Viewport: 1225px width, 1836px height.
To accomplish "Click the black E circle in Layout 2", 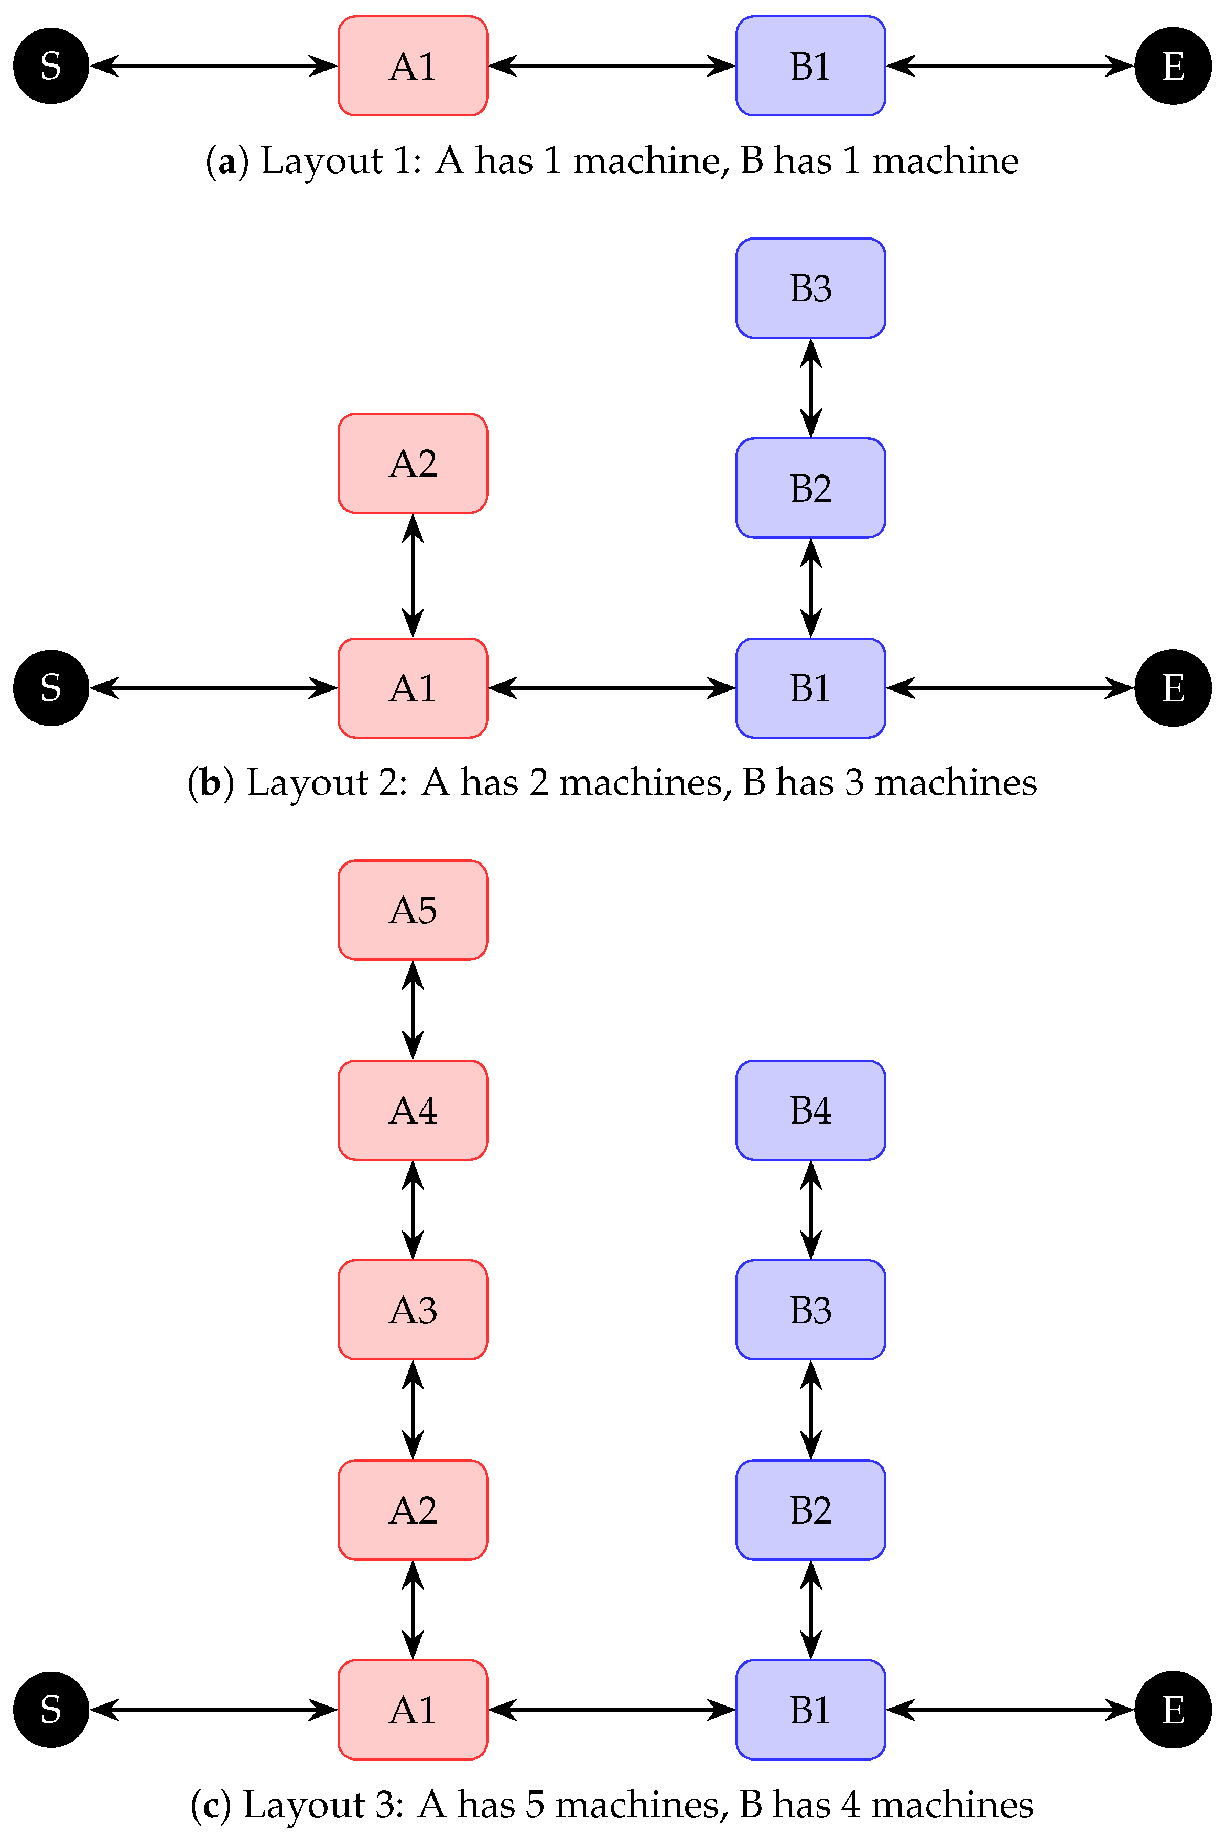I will [x=1173, y=687].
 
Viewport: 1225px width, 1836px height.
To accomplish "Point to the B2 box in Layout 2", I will [x=810, y=488].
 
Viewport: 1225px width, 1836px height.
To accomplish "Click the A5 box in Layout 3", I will [x=413, y=910].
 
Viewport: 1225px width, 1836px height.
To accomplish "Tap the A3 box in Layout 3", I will [x=413, y=1310].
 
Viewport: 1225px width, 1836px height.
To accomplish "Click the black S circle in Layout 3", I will [x=51, y=1710].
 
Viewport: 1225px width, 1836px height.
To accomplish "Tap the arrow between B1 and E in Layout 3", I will [x=1010, y=1710].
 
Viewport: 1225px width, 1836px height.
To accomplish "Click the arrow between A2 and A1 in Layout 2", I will [x=413, y=575].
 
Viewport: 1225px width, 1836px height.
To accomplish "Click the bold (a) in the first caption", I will [x=226, y=161].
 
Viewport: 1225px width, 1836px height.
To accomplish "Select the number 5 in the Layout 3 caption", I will [x=534, y=1805].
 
